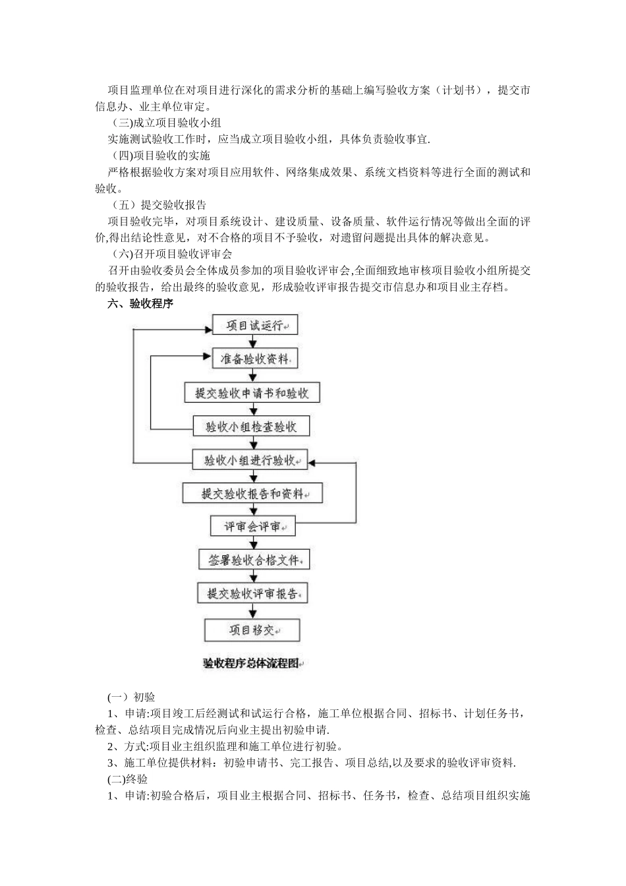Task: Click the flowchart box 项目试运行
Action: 254,325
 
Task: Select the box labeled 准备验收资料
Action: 254,359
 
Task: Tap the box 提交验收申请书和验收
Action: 252,393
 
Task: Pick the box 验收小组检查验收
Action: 251,427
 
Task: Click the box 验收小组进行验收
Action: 251,459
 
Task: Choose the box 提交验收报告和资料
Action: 252,493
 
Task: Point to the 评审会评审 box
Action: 252,527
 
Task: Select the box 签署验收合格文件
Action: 254,560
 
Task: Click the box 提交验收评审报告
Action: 252,593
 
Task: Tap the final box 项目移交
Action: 252,630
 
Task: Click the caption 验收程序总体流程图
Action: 253,663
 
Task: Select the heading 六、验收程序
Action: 140,304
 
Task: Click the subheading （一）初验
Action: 131,697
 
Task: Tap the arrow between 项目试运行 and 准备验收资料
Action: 252,341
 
